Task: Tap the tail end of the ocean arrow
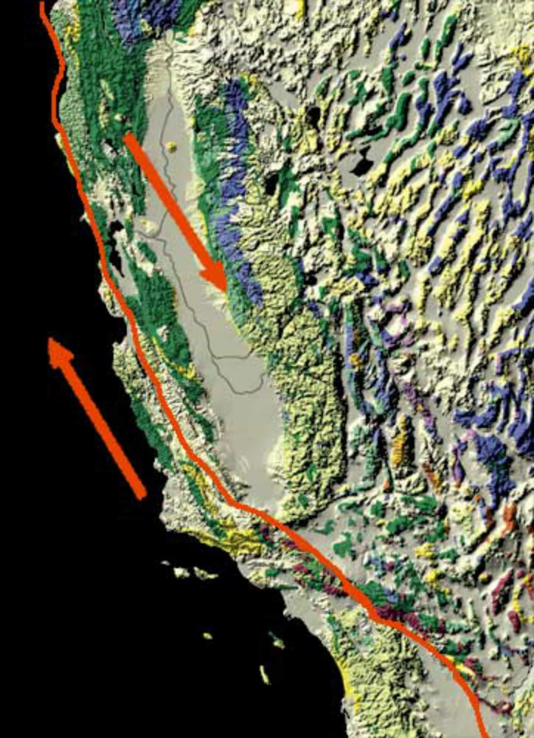click(142, 496)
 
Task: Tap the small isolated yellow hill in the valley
click(172, 147)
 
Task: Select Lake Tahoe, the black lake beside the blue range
click(274, 182)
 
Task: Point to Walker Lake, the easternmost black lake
click(361, 163)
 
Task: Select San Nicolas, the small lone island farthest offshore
click(207, 635)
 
